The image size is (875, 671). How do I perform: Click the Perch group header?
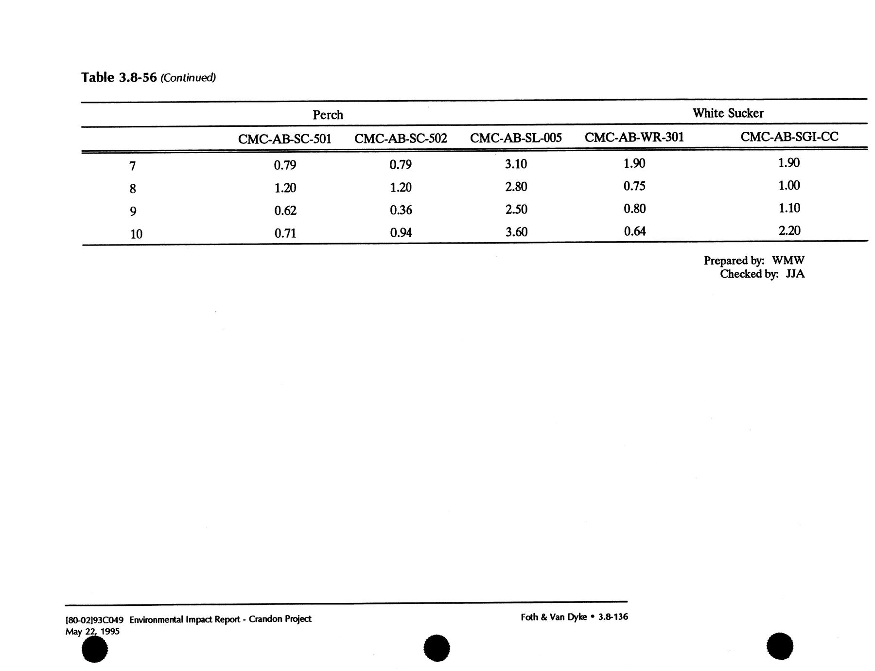point(328,115)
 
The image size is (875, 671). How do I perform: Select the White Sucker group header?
point(728,113)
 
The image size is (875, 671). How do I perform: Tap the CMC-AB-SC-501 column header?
point(284,140)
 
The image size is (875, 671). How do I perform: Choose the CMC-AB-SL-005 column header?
point(516,138)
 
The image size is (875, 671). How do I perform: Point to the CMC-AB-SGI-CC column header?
point(789,137)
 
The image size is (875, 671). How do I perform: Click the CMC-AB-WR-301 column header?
point(634,137)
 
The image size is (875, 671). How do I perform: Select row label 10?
point(136,234)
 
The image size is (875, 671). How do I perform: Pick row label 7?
point(132,166)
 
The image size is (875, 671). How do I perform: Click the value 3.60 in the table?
point(516,232)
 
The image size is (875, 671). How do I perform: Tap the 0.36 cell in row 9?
point(401,210)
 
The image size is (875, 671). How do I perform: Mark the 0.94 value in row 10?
point(401,233)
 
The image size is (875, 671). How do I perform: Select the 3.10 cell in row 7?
point(516,164)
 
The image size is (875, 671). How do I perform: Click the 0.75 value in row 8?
point(634,186)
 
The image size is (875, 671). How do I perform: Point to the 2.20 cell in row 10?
point(789,230)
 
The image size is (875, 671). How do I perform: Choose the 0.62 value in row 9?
point(285,211)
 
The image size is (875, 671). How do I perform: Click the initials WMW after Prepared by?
point(788,261)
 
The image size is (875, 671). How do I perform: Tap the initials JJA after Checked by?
point(795,274)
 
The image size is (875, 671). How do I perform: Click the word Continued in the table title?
point(188,78)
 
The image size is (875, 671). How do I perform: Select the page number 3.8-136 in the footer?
point(613,617)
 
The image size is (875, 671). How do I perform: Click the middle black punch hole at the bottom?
point(437,648)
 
